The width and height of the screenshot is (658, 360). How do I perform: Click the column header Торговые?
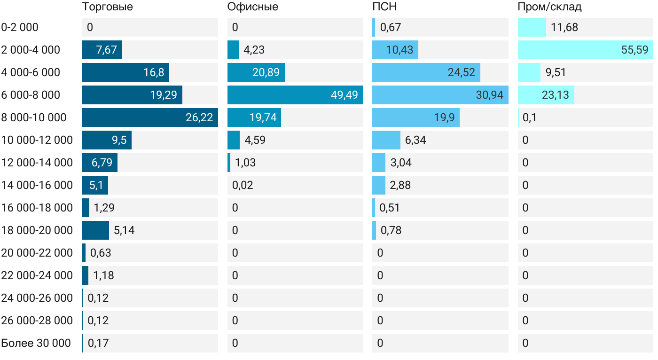tap(107, 7)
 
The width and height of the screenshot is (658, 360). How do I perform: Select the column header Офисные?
tap(252, 7)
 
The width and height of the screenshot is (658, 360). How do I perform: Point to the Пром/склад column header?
tap(549, 7)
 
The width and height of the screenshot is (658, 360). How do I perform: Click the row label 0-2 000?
tap(20, 27)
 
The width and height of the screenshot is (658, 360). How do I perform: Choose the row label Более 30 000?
tap(36, 343)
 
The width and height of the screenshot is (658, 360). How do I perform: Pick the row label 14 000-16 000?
tap(37, 185)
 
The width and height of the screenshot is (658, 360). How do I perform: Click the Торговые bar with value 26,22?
tap(149, 117)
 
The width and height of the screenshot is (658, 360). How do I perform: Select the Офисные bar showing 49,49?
tap(295, 95)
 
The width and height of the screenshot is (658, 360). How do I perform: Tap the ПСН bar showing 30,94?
tap(440, 95)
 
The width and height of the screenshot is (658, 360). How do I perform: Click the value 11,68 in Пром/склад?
tap(564, 27)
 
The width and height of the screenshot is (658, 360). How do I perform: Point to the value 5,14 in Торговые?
tap(124, 230)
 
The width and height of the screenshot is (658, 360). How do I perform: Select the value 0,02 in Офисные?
tap(243, 185)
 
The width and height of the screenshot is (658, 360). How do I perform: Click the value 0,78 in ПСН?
tap(391, 230)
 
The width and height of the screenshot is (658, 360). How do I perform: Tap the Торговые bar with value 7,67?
tap(102, 50)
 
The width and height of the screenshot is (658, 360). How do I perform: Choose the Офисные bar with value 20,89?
tap(256, 72)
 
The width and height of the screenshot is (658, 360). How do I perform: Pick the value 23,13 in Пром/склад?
tap(555, 95)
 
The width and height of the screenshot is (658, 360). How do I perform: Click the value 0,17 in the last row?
tap(98, 343)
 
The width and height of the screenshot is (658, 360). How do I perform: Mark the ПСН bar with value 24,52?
tap(426, 72)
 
